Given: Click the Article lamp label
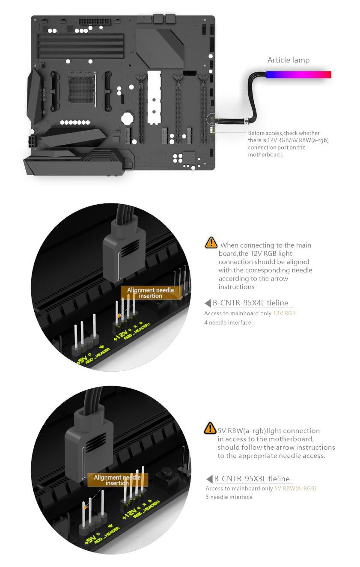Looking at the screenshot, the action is click(x=289, y=60).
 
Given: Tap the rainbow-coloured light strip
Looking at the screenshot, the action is click(x=298, y=75).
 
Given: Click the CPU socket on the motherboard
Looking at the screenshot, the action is click(x=82, y=89).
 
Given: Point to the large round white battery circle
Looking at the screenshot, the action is click(x=127, y=118).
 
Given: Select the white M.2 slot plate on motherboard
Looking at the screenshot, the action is click(x=154, y=98).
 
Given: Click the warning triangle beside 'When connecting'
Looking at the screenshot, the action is click(x=211, y=242).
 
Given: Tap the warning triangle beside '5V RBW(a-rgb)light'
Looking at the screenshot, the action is click(x=210, y=428).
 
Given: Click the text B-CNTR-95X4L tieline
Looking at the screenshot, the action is click(x=250, y=303).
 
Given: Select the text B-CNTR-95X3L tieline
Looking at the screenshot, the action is click(x=252, y=479).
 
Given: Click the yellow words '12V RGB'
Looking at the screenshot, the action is click(x=284, y=313).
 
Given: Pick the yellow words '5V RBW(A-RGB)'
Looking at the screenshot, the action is click(x=295, y=489).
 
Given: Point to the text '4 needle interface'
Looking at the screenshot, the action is click(x=228, y=322).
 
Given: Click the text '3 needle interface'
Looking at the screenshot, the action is click(x=229, y=497).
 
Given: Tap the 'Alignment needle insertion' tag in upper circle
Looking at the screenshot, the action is click(x=151, y=293).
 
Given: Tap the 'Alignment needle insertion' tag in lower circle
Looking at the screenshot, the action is click(x=117, y=480).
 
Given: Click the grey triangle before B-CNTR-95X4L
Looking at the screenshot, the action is click(x=208, y=303).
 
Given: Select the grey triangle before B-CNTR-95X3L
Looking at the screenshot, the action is click(x=209, y=479).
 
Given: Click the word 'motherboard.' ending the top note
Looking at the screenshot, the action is click(x=265, y=155).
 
